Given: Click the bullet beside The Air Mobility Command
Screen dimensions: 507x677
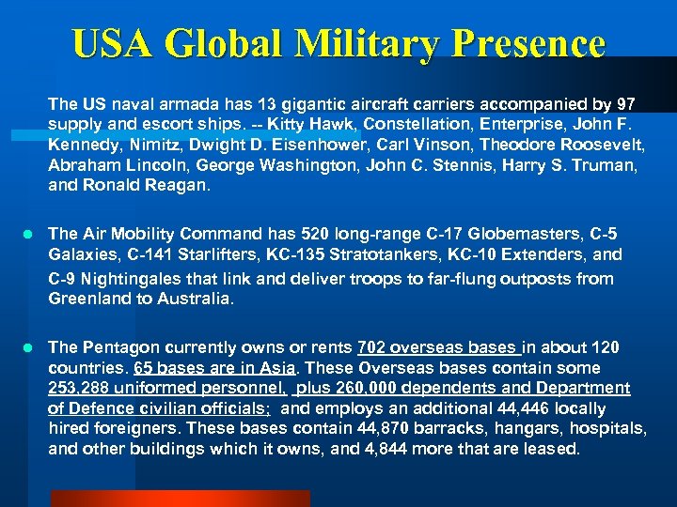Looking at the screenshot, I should tap(30, 234).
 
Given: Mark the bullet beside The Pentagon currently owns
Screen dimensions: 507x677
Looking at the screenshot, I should tap(30, 348).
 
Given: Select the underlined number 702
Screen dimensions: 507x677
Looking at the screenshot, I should tap(372, 348).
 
